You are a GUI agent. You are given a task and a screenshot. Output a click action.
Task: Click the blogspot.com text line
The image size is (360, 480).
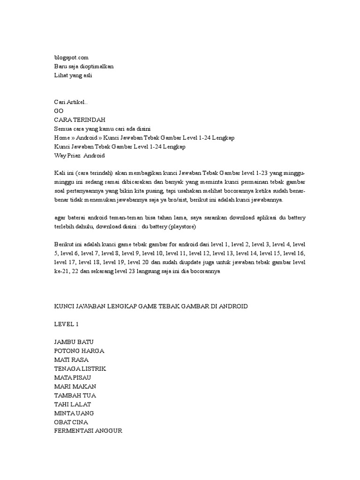click(x=71, y=57)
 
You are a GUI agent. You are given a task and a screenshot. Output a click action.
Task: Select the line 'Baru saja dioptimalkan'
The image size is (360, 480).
click(x=84, y=66)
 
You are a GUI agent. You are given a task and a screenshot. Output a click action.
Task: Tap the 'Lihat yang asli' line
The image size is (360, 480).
click(x=73, y=75)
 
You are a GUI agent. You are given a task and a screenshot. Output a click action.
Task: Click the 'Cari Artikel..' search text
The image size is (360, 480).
click(x=71, y=102)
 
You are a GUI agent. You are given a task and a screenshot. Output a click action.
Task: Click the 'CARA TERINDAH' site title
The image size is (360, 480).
click(x=79, y=120)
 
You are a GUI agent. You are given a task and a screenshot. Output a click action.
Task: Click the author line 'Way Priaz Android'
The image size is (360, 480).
click(x=80, y=155)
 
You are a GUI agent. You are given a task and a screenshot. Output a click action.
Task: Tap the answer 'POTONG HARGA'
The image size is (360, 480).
click(x=79, y=351)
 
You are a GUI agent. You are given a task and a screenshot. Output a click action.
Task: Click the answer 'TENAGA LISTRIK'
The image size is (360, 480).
click(x=80, y=368)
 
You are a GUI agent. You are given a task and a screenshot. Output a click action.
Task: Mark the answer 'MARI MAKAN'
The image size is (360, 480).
click(x=75, y=386)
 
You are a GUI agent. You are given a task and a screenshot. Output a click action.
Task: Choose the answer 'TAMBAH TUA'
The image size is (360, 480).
click(x=75, y=395)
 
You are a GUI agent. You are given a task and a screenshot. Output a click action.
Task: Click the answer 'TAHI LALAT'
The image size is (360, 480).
click(x=73, y=404)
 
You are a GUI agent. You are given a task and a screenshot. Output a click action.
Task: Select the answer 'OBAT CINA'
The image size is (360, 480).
click(x=71, y=422)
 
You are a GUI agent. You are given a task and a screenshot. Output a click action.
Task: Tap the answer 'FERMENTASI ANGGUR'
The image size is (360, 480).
click(x=88, y=431)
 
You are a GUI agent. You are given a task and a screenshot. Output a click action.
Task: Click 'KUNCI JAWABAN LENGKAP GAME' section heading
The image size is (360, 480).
click(x=151, y=306)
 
